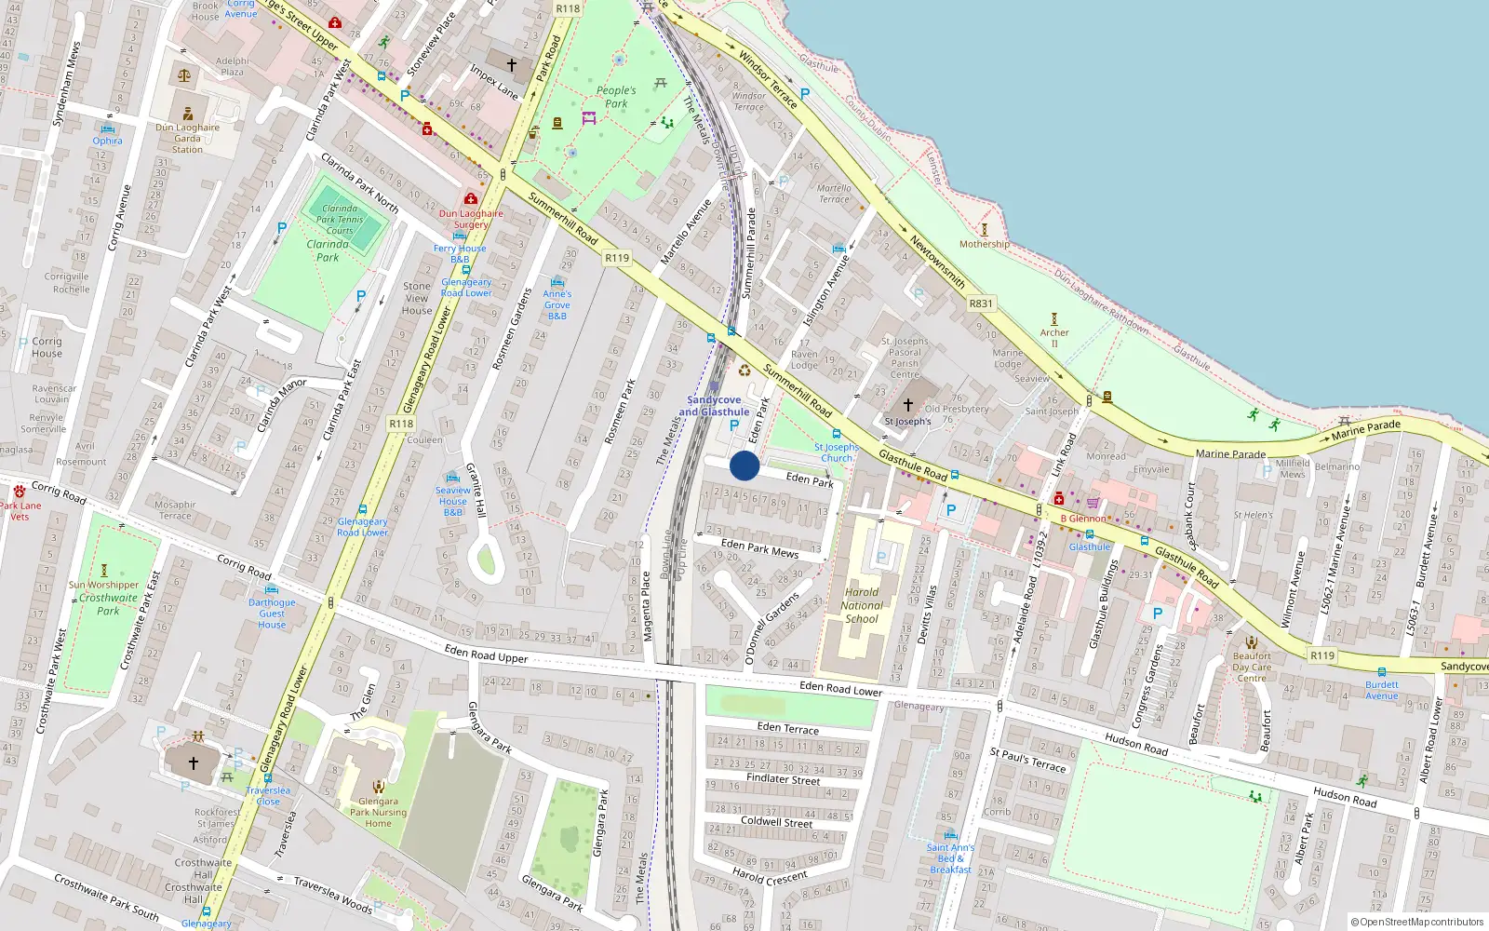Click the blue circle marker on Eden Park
click(x=744, y=465)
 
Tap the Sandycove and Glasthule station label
click(x=714, y=406)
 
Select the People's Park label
click(x=616, y=97)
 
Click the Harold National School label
click(x=862, y=605)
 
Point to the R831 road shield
click(x=981, y=304)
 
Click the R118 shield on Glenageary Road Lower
click(x=401, y=424)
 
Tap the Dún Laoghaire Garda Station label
click(x=187, y=138)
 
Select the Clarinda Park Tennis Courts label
click(x=340, y=220)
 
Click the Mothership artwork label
click(x=984, y=244)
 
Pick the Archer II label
click(x=1054, y=337)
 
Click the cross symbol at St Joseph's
click(x=908, y=405)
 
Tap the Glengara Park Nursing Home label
click(x=378, y=812)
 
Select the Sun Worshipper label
click(x=103, y=586)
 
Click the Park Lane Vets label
click(x=20, y=511)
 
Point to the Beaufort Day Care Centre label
click(x=1252, y=667)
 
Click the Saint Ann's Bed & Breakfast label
click(x=950, y=858)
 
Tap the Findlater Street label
click(x=783, y=779)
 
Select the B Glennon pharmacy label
click(x=1083, y=519)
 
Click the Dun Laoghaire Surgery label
click(x=471, y=219)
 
